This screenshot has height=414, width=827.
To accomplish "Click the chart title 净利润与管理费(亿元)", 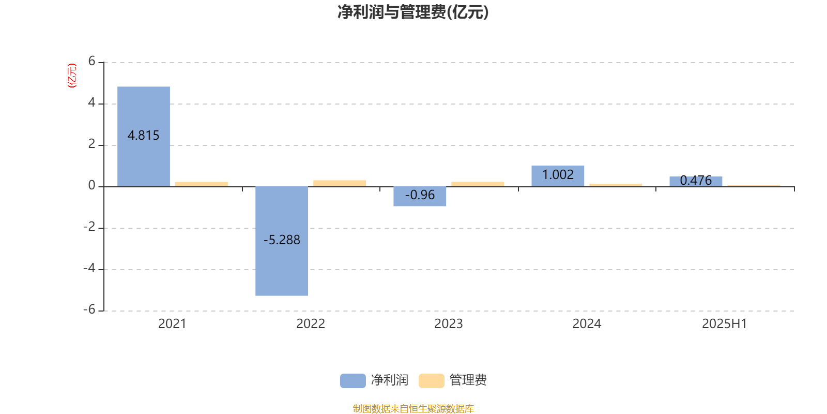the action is (x=413, y=12).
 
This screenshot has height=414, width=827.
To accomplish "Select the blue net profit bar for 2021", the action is (x=144, y=137).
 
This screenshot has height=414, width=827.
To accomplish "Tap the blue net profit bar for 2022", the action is (x=282, y=241).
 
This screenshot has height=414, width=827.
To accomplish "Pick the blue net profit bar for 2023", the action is (x=420, y=196).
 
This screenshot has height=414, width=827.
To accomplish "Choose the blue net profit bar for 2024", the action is (x=558, y=176).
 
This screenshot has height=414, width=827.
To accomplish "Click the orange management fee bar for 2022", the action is (x=340, y=183).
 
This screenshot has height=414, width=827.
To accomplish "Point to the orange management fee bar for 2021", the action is (x=202, y=184).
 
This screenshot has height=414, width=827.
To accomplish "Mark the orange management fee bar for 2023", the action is (x=478, y=184).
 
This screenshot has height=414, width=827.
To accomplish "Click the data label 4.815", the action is (x=143, y=135).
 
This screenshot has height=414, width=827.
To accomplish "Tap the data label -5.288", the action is (x=282, y=240).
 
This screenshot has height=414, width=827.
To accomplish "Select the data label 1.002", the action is (x=558, y=174).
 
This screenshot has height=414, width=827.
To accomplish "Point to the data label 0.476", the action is (x=696, y=181).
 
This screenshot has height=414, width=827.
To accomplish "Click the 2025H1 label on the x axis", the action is (x=724, y=324).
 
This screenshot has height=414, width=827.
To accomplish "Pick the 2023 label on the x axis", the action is (x=448, y=324).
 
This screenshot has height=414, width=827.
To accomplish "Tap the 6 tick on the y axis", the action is (x=91, y=61).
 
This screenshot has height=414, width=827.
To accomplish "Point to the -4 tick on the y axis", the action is (x=89, y=268).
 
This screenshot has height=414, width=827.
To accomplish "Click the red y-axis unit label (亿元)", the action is (x=72, y=76).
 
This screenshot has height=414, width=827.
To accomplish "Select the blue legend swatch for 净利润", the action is (x=353, y=381).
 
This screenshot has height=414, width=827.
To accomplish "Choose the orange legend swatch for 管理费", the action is (x=431, y=381).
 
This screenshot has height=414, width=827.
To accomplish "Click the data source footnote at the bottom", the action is (x=413, y=408).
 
